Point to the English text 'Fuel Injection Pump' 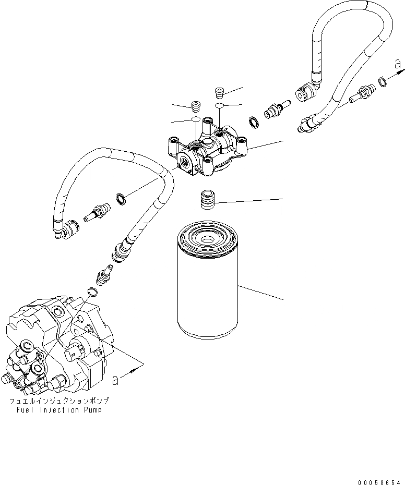click(x=58, y=410)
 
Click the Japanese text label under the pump click(x=58, y=402)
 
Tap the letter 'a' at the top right click(x=398, y=65)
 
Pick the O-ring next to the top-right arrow click(x=383, y=80)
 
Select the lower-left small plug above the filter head click(x=196, y=106)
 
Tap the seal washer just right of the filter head click(x=254, y=122)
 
